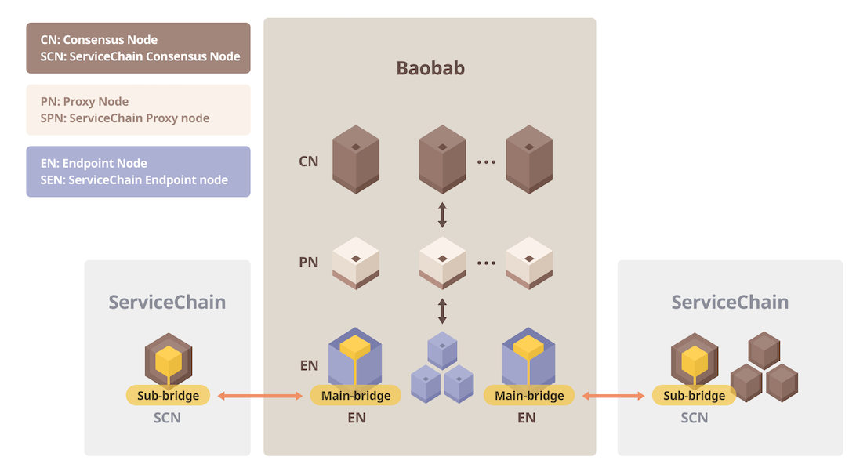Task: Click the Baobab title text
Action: point(430,68)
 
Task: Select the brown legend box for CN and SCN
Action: point(138,48)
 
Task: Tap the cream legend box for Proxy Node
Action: point(138,110)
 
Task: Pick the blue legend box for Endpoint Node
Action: point(138,172)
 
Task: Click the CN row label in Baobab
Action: point(309,162)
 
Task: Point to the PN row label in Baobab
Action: point(309,263)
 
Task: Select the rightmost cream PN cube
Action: point(529,263)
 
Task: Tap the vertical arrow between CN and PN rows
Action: point(442,215)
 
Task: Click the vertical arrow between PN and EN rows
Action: point(442,310)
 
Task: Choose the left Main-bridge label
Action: point(356,396)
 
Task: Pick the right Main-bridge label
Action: point(529,396)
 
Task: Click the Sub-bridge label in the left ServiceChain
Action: point(168,396)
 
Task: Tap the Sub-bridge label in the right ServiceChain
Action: point(694,396)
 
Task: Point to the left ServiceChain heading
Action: point(167,303)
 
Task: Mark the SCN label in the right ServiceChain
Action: point(694,418)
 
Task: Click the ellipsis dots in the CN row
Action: point(486,162)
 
